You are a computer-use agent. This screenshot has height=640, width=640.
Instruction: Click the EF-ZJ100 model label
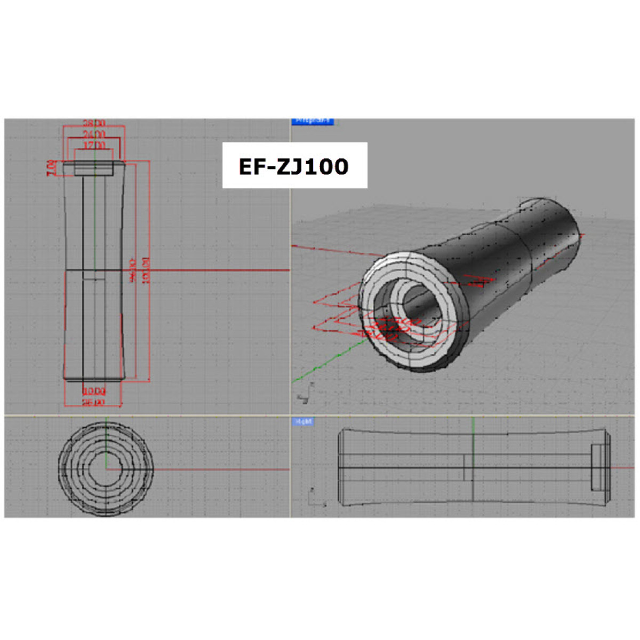[x=294, y=166]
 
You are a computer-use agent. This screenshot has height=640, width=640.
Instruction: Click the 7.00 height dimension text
[x=51, y=167]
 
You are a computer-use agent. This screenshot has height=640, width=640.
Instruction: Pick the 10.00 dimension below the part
[x=94, y=391]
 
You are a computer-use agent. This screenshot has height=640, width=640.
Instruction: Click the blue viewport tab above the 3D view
[x=313, y=121]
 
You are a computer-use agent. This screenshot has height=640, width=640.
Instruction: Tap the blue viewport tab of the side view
[x=303, y=422]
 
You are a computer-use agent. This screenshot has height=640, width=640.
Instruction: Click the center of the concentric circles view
[x=106, y=469]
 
